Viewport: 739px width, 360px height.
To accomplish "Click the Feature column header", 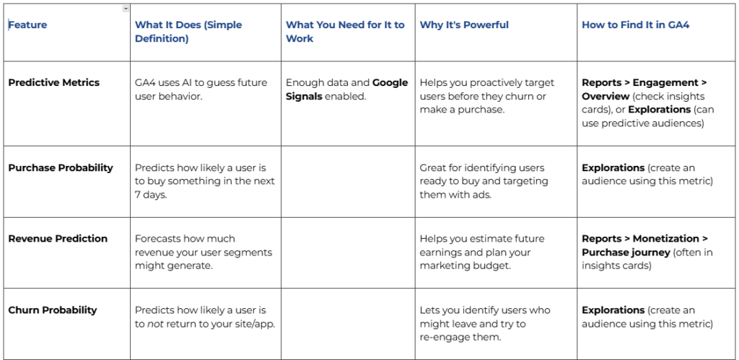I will (x=27, y=25).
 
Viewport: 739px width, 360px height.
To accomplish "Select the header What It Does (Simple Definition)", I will (x=188, y=32).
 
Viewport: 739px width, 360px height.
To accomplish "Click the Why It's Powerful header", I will (x=464, y=25).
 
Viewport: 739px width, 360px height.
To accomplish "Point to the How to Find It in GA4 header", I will (x=636, y=25).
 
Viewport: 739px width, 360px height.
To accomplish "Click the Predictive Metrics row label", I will (x=54, y=82).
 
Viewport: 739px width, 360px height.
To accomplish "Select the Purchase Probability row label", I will (x=61, y=167).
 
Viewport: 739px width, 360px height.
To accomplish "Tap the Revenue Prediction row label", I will (x=58, y=238).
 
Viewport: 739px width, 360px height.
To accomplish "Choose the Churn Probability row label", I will (x=53, y=309).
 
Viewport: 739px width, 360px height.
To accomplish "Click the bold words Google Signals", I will (x=346, y=89).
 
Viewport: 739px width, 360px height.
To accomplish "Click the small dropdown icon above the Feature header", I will (x=126, y=9).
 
